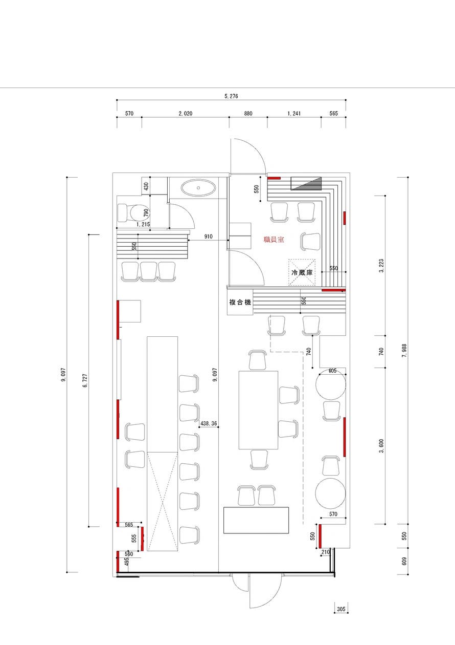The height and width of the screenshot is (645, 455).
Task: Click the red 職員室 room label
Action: coord(274,239)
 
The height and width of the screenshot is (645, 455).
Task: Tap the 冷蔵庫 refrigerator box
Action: coord(302,272)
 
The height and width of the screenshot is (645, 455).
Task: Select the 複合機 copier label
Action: coord(240,303)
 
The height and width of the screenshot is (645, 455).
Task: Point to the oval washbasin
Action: coord(198,188)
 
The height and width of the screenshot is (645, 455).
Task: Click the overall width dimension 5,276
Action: coord(231,96)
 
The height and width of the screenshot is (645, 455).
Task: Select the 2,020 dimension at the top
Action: coord(185,114)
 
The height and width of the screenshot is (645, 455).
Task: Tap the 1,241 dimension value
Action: coord(294,114)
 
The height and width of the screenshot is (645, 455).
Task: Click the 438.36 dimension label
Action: coord(209,424)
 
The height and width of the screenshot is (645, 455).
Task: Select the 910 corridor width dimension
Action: coord(209,236)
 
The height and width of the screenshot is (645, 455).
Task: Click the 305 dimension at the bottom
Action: coord(342,609)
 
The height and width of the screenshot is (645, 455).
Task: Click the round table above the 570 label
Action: coord(330,493)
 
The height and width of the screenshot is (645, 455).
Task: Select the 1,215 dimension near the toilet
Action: coord(143,224)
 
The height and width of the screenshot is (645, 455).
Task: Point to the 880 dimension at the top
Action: coord(248,114)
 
